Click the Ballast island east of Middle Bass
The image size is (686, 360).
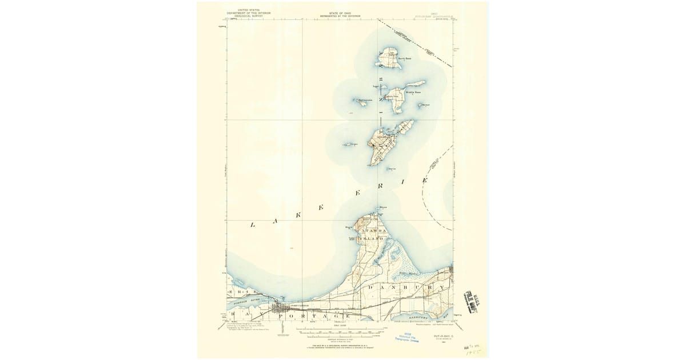point(424,105)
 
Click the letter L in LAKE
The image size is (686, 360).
point(252,226)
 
